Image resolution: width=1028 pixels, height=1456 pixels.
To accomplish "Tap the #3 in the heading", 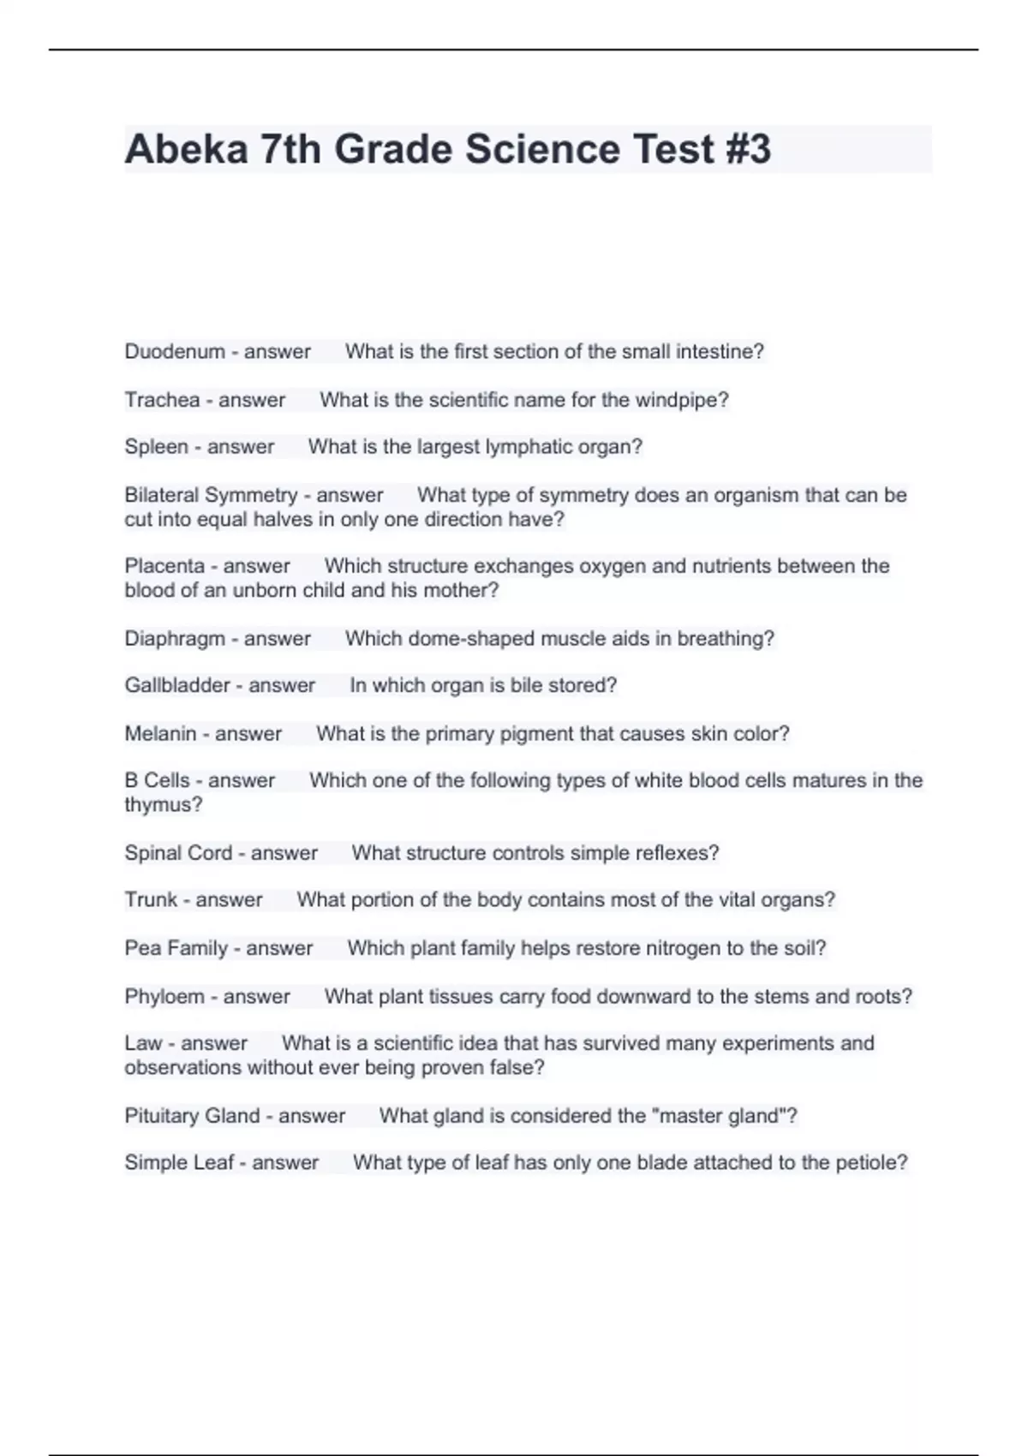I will tap(747, 149).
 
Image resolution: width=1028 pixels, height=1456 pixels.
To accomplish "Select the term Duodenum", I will tap(175, 351).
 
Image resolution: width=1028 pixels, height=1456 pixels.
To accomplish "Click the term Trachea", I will tap(162, 399).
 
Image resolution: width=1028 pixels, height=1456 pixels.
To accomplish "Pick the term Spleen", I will tap(156, 446).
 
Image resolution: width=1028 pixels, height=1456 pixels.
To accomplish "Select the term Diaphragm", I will tap(175, 639).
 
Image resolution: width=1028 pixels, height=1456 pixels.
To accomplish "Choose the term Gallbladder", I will tap(177, 685).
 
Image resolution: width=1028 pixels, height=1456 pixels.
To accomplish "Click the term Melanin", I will tap(160, 733).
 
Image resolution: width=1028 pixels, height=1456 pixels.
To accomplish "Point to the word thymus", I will tap(163, 805).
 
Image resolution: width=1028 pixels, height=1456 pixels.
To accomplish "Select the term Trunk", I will tap(151, 899).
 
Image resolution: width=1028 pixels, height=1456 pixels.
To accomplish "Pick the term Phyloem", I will tap(164, 996).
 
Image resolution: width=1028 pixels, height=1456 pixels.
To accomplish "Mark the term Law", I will tap(143, 1043).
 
